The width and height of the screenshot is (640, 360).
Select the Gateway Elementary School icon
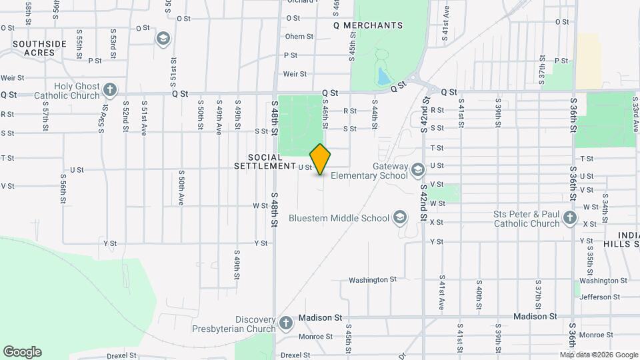pyautogui.click(x=418, y=169)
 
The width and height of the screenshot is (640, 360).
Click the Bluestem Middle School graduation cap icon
pyautogui.click(x=399, y=217)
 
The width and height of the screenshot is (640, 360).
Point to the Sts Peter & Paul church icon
pyautogui.click(x=569, y=217)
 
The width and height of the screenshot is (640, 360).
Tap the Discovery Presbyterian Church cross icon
pyautogui.click(x=285, y=323)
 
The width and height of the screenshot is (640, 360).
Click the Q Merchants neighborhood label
pyautogui.click(x=368, y=25)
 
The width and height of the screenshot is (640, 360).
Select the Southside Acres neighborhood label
pyautogui.click(x=39, y=49)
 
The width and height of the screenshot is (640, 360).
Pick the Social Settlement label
pyautogui.click(x=265, y=161)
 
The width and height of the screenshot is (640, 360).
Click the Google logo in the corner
pyautogui.click(x=22, y=352)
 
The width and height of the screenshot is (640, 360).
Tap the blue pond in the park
pyautogui.click(x=383, y=77)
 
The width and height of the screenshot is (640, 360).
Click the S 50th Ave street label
pyautogui.click(x=181, y=189)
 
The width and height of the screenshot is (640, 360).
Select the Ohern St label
pyautogui.click(x=299, y=37)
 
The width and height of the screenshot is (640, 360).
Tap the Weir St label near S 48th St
pyautogui.click(x=295, y=74)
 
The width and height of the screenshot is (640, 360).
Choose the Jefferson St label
pyautogui.click(x=599, y=297)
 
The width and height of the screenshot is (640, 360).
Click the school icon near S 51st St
pyautogui.click(x=162, y=38)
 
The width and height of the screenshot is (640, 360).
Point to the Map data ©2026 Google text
pyautogui.click(x=598, y=355)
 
